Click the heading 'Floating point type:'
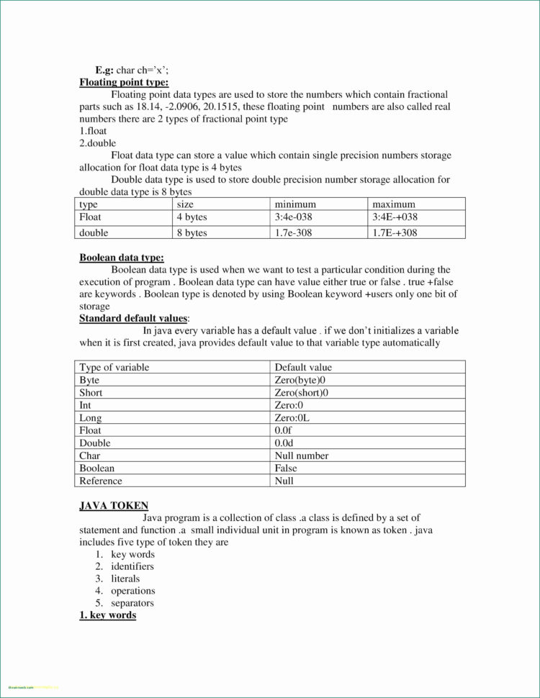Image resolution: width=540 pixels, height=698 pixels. point(124,83)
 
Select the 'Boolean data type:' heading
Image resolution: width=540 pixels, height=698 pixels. point(121,258)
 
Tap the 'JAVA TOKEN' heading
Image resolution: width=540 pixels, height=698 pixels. point(114,506)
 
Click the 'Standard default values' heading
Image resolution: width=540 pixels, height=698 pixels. point(133,318)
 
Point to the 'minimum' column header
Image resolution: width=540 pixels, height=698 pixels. point(295,204)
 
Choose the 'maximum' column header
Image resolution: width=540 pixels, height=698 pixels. point(394,204)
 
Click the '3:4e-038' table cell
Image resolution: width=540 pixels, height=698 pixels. point(294,217)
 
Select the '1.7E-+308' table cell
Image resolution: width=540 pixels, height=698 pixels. point(395,232)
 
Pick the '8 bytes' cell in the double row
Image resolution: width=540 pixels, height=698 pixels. point(192,232)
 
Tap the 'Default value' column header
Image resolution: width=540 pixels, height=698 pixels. point(303,367)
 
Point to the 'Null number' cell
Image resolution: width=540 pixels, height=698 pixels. point(301,455)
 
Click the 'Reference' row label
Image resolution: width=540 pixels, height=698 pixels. point(101,481)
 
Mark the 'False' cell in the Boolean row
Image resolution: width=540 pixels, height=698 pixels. point(286,468)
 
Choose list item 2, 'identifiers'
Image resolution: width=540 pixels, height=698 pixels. point(132,566)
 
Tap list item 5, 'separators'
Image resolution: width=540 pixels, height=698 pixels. point(132,603)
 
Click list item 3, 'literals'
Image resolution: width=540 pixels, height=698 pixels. point(125,579)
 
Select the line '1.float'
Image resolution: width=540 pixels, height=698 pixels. point(94,131)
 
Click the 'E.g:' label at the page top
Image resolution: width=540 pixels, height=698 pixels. point(104,71)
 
